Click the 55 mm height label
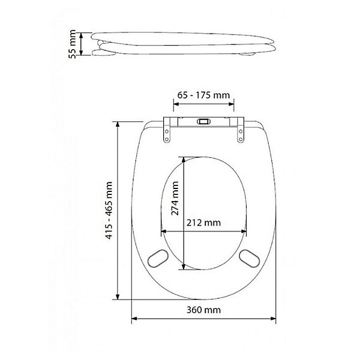[73, 44]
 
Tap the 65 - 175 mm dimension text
[203, 95]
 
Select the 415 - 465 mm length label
[109, 211]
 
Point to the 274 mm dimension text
[175, 198]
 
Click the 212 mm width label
[203, 223]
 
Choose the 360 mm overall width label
[203, 310]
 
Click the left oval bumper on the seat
[157, 258]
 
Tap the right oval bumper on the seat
[250, 258]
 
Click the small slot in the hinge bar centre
[203, 121]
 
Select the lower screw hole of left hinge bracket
[167, 139]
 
